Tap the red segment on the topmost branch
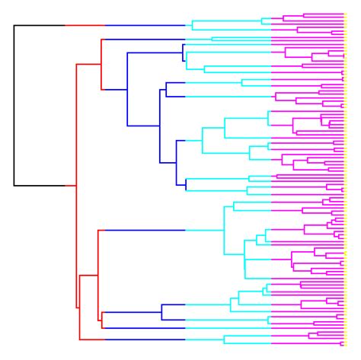pos(85,25)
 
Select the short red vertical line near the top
pos(101,52)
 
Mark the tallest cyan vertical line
pos(222,229)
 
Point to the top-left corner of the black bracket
pos(14,25)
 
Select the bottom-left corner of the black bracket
pos(14,185)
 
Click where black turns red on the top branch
pos(65,25)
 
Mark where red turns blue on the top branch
pos(105,25)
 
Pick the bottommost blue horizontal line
pos(145,339)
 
